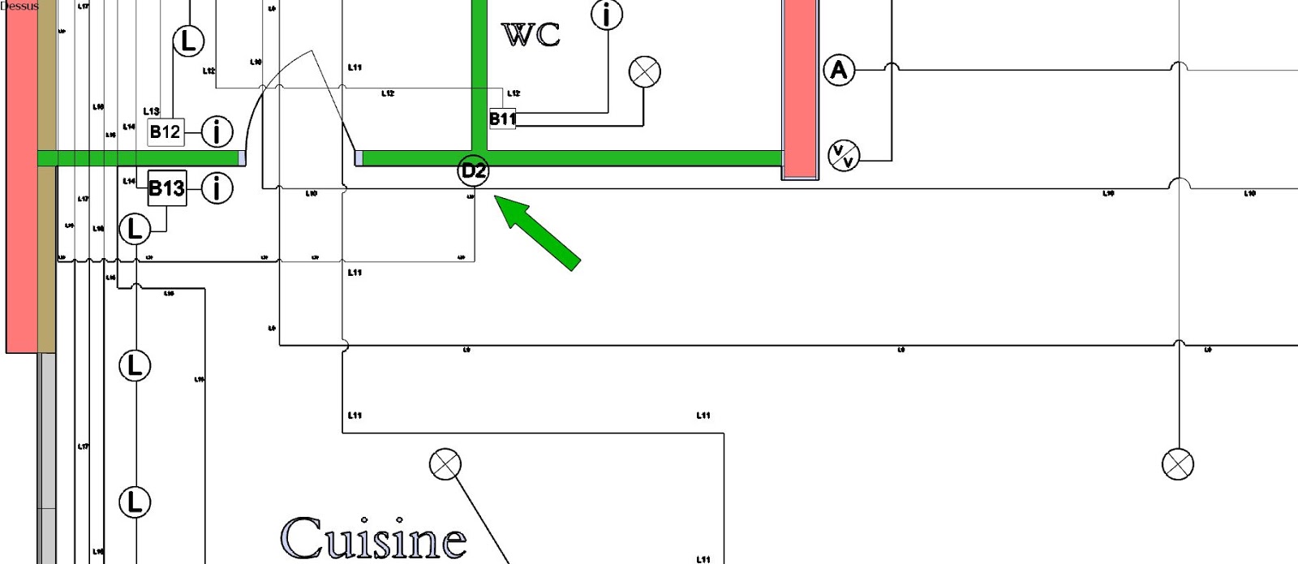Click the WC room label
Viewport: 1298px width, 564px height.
pyautogui.click(x=531, y=35)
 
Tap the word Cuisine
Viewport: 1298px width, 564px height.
pyautogui.click(x=374, y=537)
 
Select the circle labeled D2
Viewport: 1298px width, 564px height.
pyautogui.click(x=474, y=171)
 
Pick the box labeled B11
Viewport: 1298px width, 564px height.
pyautogui.click(x=502, y=118)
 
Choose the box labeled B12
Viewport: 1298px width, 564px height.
pyautogui.click(x=165, y=131)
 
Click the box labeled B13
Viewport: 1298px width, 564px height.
pyautogui.click(x=166, y=188)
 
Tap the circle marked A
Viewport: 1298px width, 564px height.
pyautogui.click(x=839, y=70)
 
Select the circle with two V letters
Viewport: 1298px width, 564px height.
pyautogui.click(x=844, y=154)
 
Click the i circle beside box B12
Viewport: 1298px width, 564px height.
pyautogui.click(x=217, y=131)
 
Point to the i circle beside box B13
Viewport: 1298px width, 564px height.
pyautogui.click(x=217, y=188)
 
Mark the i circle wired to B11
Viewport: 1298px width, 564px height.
pyautogui.click(x=606, y=15)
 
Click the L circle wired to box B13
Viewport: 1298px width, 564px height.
pyautogui.click(x=135, y=230)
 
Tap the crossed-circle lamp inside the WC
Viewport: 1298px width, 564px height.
pyautogui.click(x=645, y=71)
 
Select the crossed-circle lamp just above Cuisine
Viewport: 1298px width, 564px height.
pyautogui.click(x=445, y=464)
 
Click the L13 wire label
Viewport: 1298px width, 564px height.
pyautogui.click(x=151, y=111)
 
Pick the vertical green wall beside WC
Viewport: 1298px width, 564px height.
pyautogui.click(x=479, y=73)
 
